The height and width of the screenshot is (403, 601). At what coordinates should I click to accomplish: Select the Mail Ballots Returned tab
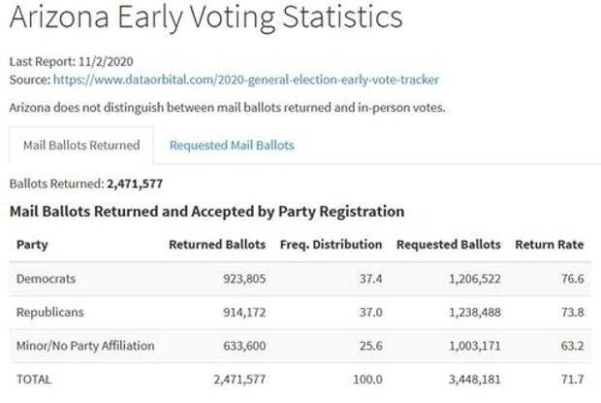pos(81,146)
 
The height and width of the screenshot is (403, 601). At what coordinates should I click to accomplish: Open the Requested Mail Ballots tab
pos(232,146)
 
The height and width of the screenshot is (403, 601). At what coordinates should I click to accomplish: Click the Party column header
pos(32,245)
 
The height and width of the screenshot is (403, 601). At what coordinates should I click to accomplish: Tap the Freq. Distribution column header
pos(331,245)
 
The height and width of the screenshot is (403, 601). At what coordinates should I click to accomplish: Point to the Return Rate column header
pos(549,245)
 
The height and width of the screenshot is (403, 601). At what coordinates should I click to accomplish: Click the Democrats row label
pos(46,279)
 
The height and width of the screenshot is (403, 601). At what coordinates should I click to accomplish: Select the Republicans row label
pos(49,312)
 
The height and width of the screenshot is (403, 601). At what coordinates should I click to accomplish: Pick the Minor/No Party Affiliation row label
pos(85,345)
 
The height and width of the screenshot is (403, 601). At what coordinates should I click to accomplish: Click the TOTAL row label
pos(34,379)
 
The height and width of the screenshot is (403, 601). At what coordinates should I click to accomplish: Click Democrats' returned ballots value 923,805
pos(239,279)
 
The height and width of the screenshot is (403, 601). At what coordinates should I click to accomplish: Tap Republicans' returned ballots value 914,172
pos(239,312)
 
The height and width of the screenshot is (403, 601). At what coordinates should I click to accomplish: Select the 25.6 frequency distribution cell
pos(368,345)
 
